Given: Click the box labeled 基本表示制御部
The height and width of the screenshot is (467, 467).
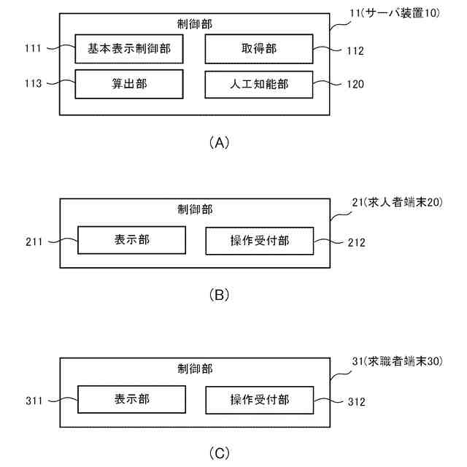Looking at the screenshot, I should click(128, 50).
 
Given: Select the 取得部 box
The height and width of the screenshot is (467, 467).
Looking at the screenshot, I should click(258, 50).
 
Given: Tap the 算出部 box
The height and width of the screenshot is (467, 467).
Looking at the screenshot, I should click(128, 84).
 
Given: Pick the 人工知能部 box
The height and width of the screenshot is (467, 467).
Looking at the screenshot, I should click(258, 84).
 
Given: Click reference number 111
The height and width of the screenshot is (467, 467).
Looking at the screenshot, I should click(32, 50).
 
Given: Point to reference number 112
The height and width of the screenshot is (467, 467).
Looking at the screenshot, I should click(354, 50).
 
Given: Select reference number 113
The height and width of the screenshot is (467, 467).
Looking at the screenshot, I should click(32, 84).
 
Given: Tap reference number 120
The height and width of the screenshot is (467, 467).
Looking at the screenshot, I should click(354, 84).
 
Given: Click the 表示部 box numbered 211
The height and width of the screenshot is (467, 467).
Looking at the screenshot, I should click(131, 240).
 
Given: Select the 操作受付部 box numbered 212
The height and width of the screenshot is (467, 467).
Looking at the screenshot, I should click(259, 240).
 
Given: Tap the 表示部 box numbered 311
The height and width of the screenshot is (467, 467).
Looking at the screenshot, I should click(131, 400).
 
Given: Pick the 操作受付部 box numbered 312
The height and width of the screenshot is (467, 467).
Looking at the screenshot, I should click(259, 400).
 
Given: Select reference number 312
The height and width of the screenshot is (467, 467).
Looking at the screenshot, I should click(354, 401).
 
